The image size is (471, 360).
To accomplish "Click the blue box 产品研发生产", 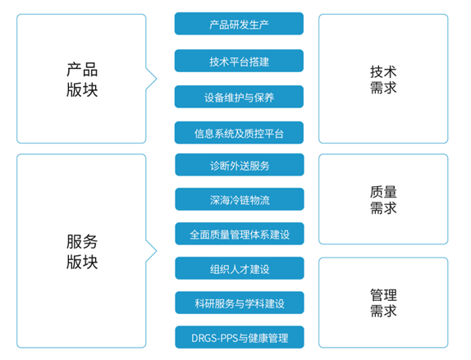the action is (239, 24).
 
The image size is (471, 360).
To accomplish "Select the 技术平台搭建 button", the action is (239, 61).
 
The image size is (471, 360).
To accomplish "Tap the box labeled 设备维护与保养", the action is (239, 97).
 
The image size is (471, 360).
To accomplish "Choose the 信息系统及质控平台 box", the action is (239, 133).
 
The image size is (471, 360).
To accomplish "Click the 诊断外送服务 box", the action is (240, 165).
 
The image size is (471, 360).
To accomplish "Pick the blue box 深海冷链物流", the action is (240, 199).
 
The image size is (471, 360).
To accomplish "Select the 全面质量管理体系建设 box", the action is (240, 234).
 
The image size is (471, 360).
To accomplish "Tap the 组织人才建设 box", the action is (240, 268).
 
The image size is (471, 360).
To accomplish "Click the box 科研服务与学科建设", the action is (240, 303).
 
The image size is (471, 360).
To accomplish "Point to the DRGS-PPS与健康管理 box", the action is (240, 338).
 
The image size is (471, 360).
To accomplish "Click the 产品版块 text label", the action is (82, 80).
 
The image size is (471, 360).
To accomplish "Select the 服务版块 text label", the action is (82, 252).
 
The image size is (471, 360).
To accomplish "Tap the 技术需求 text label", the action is (383, 80).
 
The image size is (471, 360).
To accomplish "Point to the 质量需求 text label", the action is (383, 199).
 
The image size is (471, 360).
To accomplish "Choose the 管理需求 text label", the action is (383, 303).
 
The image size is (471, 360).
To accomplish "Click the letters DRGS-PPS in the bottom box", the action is (214, 338).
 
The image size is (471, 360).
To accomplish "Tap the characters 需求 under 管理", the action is (383, 311).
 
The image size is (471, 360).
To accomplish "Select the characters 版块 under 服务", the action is (82, 262).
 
